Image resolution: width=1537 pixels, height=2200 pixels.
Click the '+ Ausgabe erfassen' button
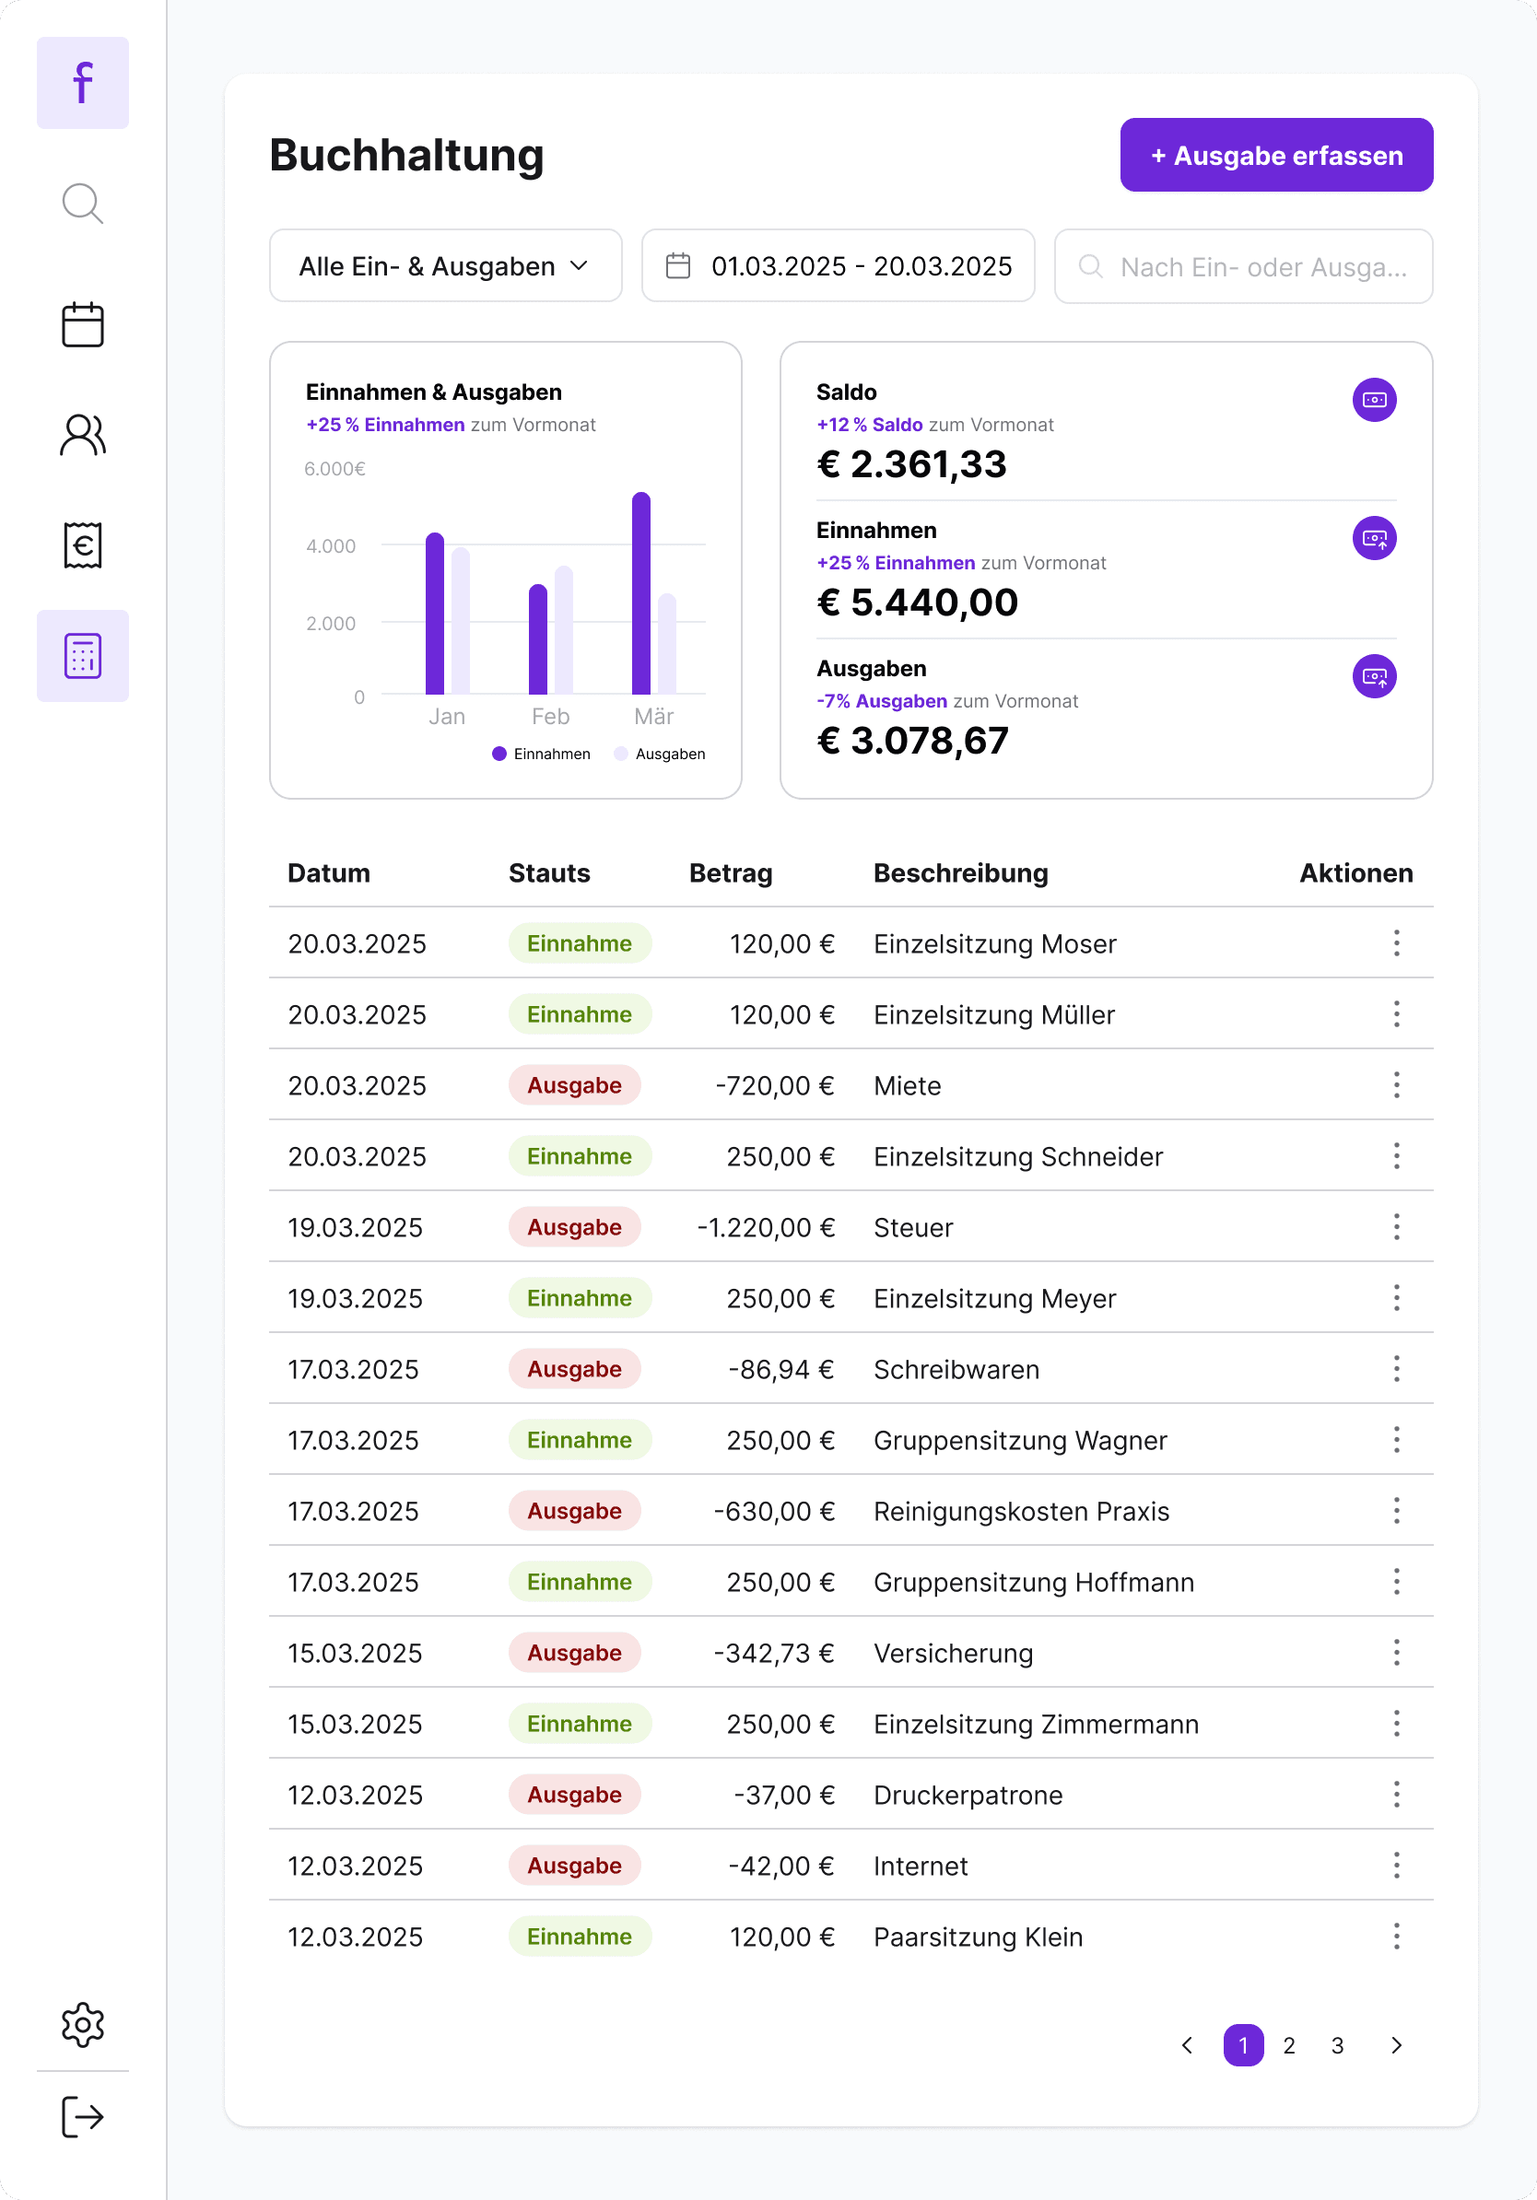point(1276,155)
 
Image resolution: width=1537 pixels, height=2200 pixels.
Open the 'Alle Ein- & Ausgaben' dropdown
point(446,265)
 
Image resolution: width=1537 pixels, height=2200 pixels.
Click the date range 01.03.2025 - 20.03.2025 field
point(838,265)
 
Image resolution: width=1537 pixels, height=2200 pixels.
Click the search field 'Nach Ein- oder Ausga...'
point(1243,265)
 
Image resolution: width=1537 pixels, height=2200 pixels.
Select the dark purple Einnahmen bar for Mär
point(641,593)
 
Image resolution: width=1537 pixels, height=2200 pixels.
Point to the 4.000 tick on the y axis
point(331,546)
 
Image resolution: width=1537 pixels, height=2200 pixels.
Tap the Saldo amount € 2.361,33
point(911,464)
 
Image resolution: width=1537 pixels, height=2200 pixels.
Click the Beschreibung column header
point(960,873)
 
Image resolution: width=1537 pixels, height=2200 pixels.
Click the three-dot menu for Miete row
point(1396,1084)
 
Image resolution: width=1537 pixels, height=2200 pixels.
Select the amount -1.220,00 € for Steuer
point(766,1227)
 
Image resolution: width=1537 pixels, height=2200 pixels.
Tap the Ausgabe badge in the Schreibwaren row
point(574,1369)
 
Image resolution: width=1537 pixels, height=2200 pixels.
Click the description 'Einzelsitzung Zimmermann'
point(1036,1724)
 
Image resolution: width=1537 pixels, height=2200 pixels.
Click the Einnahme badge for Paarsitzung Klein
point(580,1937)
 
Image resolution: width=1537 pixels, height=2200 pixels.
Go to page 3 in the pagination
point(1337,2046)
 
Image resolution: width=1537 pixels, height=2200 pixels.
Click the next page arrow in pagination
point(1396,2046)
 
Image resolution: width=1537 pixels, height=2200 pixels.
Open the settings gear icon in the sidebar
point(82,2025)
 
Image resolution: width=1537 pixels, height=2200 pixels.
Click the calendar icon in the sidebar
point(82,325)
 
